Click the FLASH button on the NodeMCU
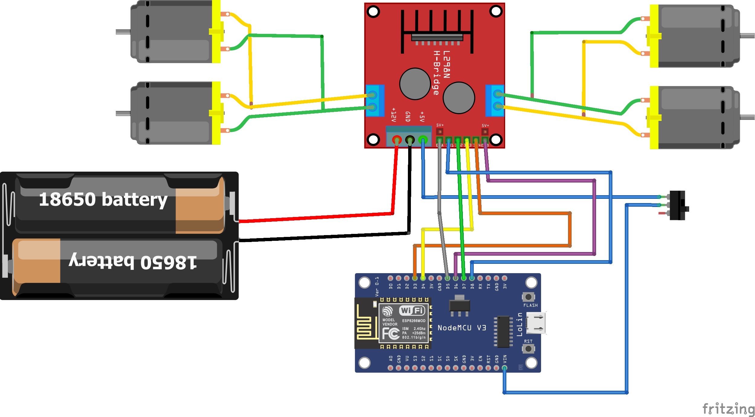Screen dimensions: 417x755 coord(528,297)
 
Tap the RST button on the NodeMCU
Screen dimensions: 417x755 coord(528,349)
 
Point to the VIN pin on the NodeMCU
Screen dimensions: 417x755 coord(504,368)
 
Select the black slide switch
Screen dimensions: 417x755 coord(677,205)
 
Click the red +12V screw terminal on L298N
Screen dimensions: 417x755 coord(397,140)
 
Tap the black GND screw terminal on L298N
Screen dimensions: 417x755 coord(410,140)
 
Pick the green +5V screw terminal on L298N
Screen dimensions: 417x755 coord(423,140)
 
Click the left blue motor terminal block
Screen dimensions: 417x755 coord(375,101)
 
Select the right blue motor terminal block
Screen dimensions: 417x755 coord(495,101)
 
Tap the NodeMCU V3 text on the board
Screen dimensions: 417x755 coord(462,328)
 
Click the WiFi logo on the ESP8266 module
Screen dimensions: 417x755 coord(412,310)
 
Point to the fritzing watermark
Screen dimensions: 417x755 coord(728,409)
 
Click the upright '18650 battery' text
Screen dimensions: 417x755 coord(103,199)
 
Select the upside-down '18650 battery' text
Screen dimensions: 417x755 coord(133,262)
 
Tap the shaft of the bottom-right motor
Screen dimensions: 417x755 coord(747,117)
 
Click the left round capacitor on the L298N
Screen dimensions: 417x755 coord(415,84)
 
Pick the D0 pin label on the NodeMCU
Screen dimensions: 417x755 coord(390,286)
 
